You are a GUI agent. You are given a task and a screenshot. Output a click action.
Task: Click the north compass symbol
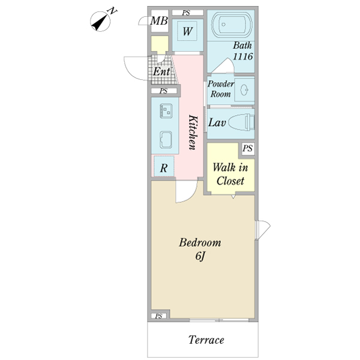tap(100, 22)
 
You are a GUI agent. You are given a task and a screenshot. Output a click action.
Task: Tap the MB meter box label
tap(159, 21)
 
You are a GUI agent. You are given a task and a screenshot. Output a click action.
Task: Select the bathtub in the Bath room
tap(232, 25)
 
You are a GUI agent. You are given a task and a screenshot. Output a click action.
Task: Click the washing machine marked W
tap(188, 35)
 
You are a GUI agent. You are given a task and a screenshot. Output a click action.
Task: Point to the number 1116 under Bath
tap(243, 56)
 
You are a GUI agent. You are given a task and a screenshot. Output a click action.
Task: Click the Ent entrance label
tap(161, 71)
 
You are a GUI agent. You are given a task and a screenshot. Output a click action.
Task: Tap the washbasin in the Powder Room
tap(244, 89)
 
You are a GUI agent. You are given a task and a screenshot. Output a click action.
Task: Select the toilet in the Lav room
tap(242, 122)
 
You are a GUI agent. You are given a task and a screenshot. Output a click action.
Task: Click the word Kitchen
tap(193, 132)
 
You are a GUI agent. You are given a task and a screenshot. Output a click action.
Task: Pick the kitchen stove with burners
tap(166, 110)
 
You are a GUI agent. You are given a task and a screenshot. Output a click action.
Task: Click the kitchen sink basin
tap(166, 140)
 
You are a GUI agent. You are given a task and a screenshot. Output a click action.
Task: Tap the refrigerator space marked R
tap(164, 166)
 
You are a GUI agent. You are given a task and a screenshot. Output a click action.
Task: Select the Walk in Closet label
tap(230, 174)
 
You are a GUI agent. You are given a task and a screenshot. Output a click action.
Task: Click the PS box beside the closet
tap(248, 148)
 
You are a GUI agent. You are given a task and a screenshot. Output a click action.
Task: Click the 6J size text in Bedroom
tap(200, 256)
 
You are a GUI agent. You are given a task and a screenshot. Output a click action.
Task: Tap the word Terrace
tap(206, 340)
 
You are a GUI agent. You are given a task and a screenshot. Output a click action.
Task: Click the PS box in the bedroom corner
tap(158, 316)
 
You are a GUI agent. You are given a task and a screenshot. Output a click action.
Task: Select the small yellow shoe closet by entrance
tap(160, 44)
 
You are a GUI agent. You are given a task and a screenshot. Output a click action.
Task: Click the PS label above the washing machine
tap(186, 13)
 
